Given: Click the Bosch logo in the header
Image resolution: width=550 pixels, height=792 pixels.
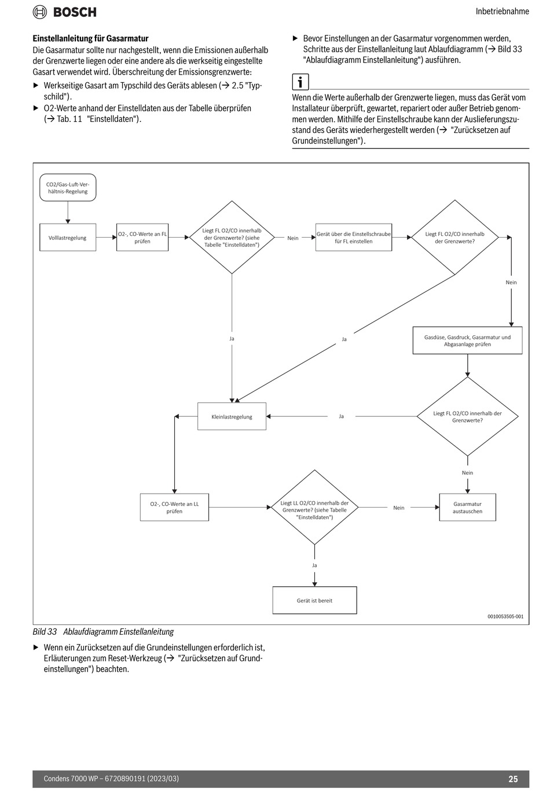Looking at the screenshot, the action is (64, 12).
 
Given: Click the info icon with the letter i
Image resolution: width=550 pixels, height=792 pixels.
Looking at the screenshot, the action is (300, 82).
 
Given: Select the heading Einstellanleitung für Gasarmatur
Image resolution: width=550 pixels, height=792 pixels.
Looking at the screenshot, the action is (91, 38).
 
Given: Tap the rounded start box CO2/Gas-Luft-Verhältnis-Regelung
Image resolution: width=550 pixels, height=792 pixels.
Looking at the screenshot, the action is (68, 188).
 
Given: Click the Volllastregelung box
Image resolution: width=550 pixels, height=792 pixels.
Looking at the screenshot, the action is (68, 238).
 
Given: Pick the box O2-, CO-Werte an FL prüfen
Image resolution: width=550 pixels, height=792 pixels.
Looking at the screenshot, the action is (142, 238).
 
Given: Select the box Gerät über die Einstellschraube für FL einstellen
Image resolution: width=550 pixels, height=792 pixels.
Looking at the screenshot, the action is (354, 238).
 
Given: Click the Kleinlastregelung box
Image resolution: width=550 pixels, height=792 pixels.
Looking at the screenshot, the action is (232, 416).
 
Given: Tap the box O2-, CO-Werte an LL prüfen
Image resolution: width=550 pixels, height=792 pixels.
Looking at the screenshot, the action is (174, 508).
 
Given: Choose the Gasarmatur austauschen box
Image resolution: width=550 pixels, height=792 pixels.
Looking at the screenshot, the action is (467, 508).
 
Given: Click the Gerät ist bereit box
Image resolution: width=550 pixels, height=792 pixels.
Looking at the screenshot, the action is (314, 601).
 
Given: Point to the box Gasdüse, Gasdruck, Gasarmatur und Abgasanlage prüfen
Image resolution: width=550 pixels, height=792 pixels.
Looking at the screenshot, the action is (467, 341).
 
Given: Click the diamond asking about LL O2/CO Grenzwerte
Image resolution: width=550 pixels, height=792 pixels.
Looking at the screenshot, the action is (314, 508).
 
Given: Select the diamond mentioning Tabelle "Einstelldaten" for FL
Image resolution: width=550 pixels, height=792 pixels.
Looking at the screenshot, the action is (232, 238).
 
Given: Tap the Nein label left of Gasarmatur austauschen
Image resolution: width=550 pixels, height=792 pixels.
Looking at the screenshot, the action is (399, 508).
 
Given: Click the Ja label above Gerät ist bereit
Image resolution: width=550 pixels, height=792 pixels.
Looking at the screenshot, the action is (314, 565).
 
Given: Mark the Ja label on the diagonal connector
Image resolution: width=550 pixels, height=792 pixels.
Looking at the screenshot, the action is (344, 339).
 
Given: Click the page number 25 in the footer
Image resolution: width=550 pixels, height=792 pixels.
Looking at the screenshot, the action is (513, 779).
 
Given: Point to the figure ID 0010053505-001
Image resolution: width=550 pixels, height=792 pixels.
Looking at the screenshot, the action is (505, 617).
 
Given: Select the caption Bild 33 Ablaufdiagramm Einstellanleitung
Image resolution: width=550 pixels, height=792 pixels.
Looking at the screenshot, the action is (103, 632).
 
